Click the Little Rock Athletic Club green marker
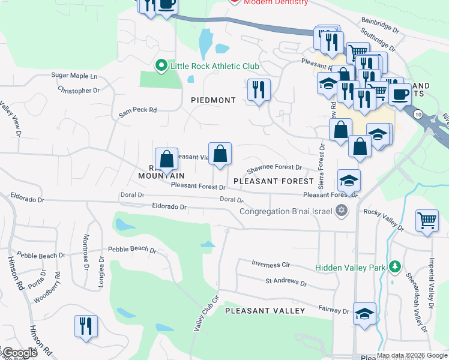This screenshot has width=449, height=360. [161, 66]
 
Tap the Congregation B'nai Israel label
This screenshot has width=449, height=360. [287, 211]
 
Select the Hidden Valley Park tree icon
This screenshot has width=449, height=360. [395, 266]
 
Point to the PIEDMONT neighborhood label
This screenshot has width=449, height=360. [213, 100]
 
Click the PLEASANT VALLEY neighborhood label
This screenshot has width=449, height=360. [265, 310]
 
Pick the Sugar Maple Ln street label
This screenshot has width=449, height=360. [74, 76]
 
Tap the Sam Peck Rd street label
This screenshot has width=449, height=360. [137, 110]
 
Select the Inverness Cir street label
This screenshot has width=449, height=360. [270, 264]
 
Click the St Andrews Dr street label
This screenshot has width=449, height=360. [286, 281]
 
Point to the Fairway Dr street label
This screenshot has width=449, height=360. [334, 311]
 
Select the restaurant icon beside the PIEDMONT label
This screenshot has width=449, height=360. [259, 90]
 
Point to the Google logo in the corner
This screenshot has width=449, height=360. [20, 353]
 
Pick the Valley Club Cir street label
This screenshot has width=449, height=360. [204, 313]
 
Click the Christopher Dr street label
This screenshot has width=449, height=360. [79, 91]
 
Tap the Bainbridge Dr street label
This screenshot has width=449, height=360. [379, 28]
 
